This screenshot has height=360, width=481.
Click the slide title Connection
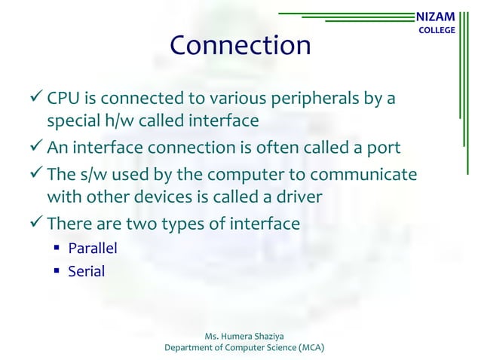coord(240,46)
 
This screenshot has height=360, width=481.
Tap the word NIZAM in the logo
coord(437,16)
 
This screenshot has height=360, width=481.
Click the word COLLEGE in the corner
coord(437,30)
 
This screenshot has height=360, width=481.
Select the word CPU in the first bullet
coord(63,99)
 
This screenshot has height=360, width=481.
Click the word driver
coord(303,197)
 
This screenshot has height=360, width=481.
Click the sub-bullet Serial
coord(87,270)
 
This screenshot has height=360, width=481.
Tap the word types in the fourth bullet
coord(180,224)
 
